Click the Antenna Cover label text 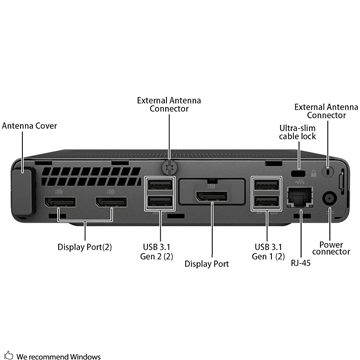tap(28, 127)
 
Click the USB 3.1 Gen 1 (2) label tap(268, 252)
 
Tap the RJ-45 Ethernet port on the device tap(299, 198)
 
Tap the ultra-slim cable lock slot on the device tap(297, 175)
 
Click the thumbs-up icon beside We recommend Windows tap(7, 354)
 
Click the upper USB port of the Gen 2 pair tap(159, 187)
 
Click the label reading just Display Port tap(208, 264)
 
